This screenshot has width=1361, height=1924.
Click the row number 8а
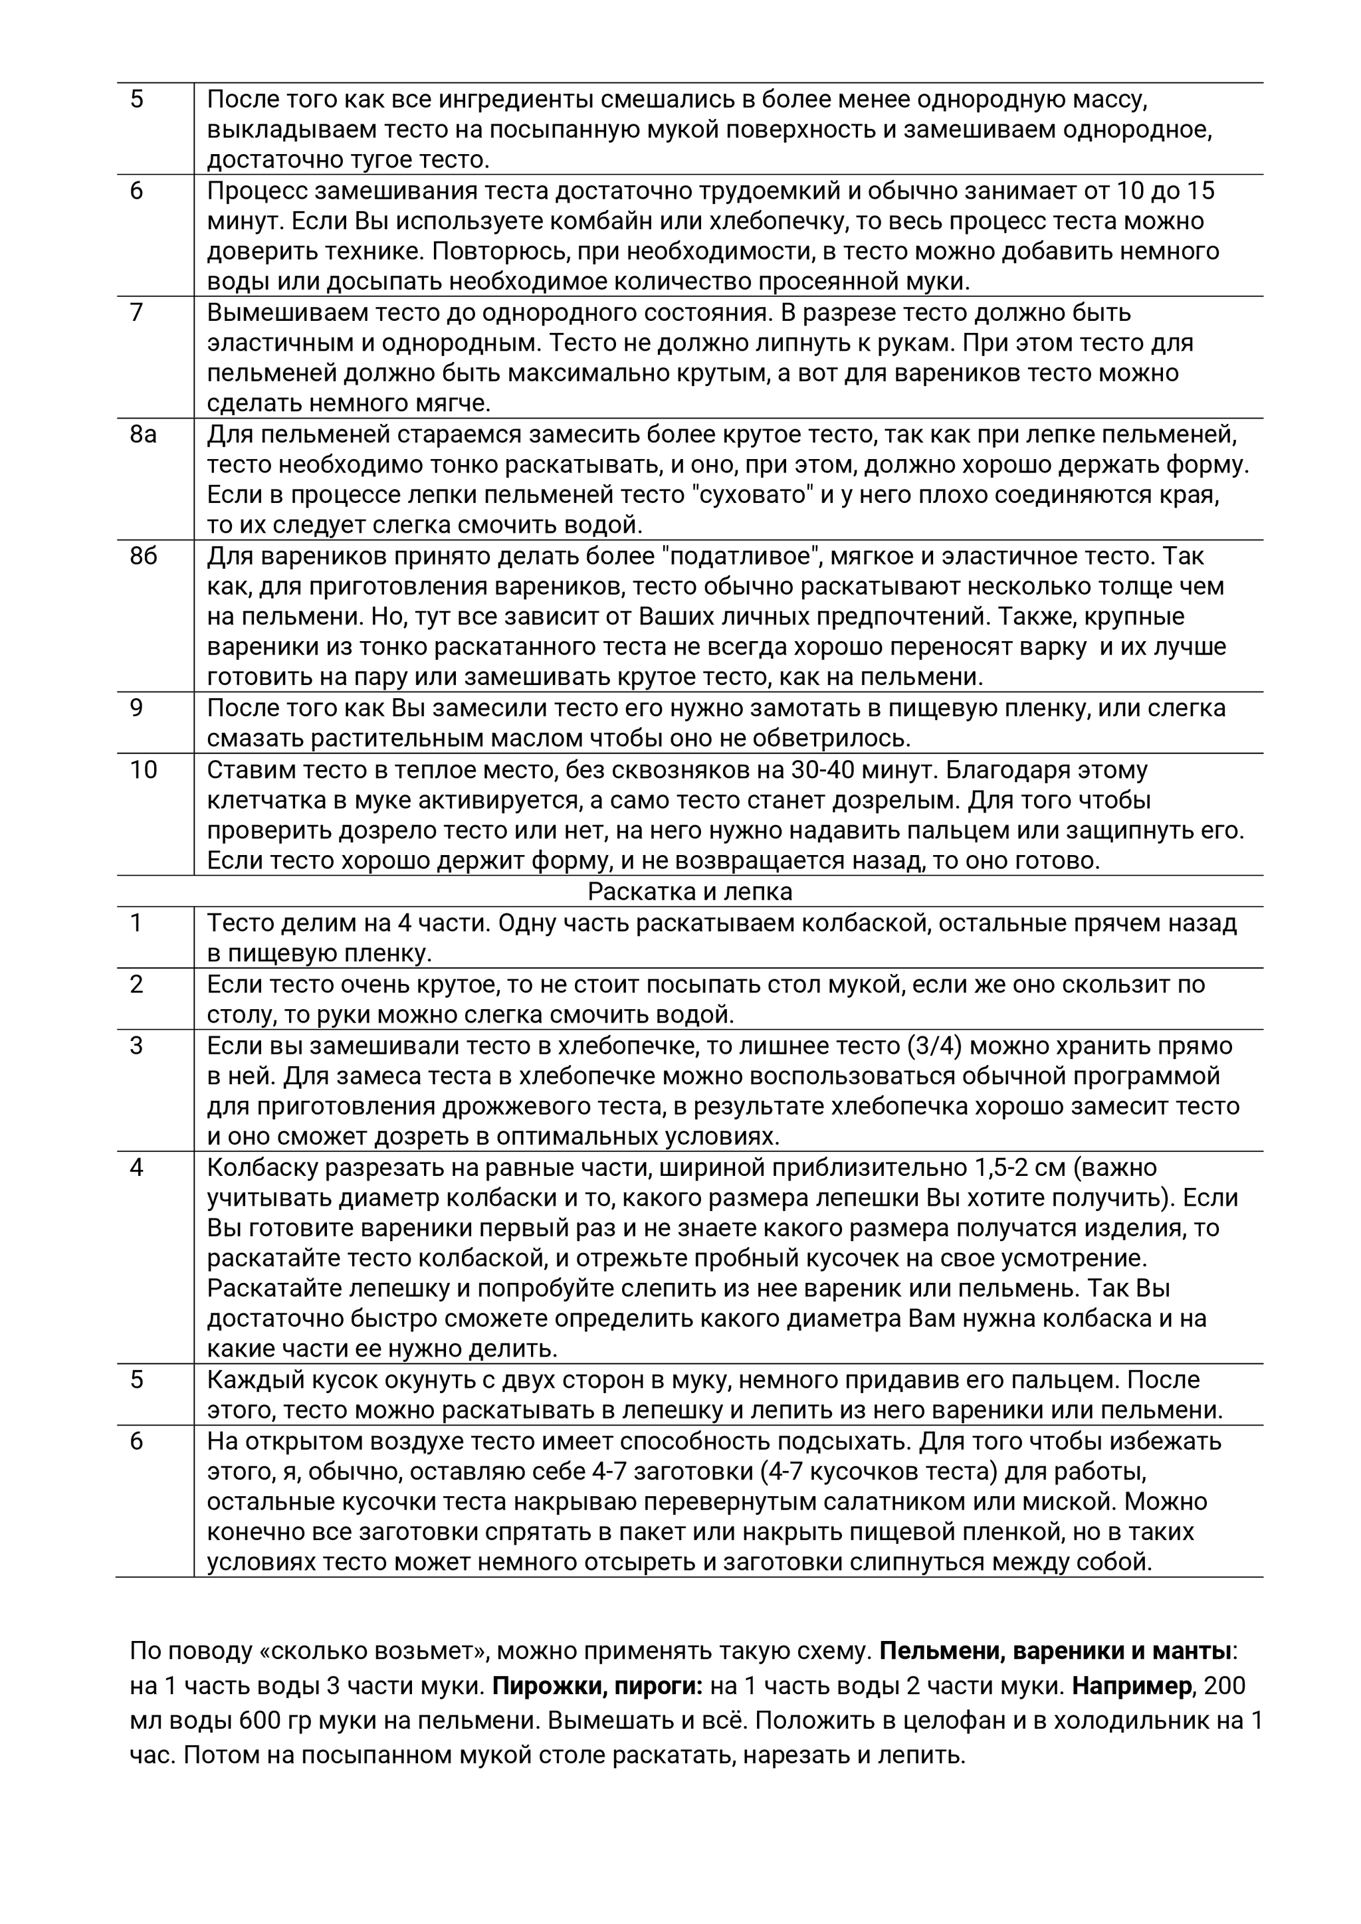[144, 435]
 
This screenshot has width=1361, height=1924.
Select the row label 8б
[144, 557]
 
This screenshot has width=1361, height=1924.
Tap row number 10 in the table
[144, 769]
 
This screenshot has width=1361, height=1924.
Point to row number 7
[137, 312]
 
